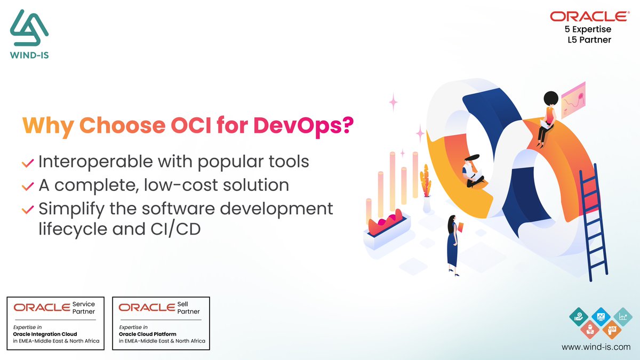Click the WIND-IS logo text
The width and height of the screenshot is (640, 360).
pos(29,55)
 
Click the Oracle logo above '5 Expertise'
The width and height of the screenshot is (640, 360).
pos(590,17)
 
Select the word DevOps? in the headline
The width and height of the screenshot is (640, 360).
pos(303,126)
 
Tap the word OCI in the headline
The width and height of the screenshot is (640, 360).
pos(191,125)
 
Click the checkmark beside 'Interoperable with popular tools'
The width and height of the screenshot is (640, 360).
pos(28,163)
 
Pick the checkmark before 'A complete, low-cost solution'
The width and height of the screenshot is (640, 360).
pos(28,187)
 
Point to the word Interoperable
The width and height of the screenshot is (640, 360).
pos(95,162)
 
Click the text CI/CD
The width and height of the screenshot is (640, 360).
pos(175,229)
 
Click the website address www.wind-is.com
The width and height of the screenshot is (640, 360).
pos(596,347)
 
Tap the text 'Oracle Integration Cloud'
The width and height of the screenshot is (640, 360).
pos(45,334)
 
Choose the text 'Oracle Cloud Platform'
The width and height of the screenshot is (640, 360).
pos(147,334)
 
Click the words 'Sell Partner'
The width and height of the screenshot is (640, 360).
pos(188,308)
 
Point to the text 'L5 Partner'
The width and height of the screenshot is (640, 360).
pos(589,39)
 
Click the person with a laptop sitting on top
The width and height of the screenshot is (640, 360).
pos(547,119)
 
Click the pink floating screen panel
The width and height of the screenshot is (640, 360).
pos(573,100)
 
